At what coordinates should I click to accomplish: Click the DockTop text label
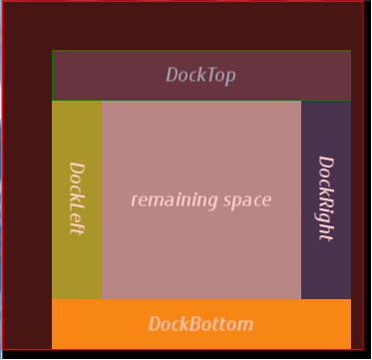point(200,75)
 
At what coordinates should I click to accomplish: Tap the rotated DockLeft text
point(77,198)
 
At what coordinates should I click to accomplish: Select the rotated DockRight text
point(326,198)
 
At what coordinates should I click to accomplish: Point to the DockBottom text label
point(200,324)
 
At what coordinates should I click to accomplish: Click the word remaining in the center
point(174,199)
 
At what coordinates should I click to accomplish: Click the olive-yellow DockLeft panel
point(77,199)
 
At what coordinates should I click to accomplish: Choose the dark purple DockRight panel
point(326,199)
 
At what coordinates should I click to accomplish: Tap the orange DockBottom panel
point(201,324)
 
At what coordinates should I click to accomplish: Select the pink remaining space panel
point(201,199)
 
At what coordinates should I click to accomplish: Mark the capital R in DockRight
point(326,192)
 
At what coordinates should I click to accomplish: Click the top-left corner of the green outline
point(52,51)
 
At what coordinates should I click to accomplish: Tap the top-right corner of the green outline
point(351,51)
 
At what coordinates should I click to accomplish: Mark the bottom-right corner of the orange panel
point(351,349)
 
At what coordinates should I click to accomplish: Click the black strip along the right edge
point(367,180)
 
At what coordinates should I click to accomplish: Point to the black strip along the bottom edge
point(186,354)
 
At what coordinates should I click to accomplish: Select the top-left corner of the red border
point(3,2)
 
